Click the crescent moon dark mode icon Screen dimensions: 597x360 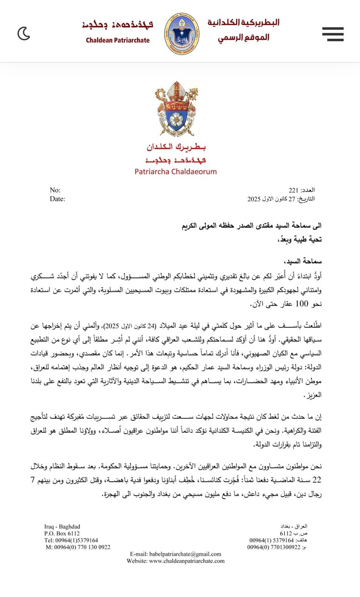coord(24,34)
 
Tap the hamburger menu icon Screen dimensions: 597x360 coord(332,34)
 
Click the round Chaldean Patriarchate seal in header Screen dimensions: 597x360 coord(182,34)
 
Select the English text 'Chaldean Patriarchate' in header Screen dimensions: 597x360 coord(118,41)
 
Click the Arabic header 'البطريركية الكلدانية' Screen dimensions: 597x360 coord(243,22)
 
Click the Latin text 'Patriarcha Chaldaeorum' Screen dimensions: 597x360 coord(175,171)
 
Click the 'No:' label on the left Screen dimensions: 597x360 coord(55,190)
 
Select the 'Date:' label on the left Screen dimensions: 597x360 coord(57,199)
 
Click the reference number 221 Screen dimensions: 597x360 coord(293,190)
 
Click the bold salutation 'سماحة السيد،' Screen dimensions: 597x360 coord(296,260)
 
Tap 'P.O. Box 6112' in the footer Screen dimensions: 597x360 coord(62,533)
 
